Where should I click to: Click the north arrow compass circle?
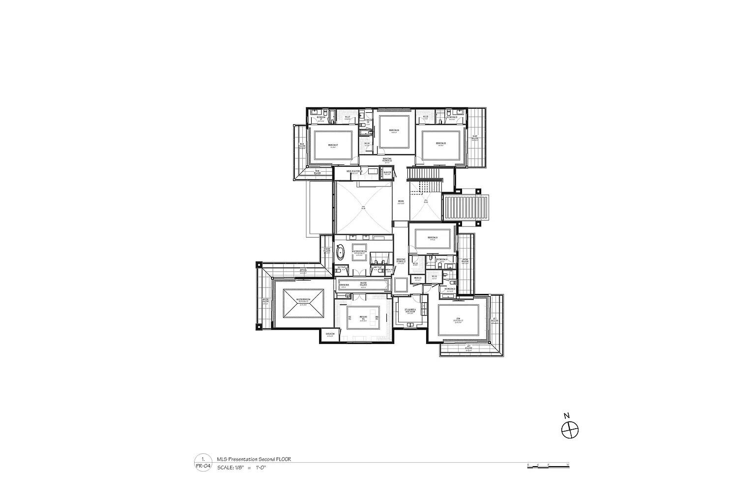(x=570, y=431)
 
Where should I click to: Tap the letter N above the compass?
(x=566, y=416)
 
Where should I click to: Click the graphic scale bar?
(x=548, y=466)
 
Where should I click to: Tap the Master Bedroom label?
(x=303, y=300)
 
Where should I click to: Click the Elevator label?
(x=387, y=172)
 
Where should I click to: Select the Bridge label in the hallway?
(x=401, y=201)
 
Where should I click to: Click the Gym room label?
(x=458, y=319)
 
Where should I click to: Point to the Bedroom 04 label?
(x=433, y=238)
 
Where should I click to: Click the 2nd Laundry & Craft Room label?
(x=410, y=311)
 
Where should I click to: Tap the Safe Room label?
(x=330, y=334)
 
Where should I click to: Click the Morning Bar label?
(x=344, y=285)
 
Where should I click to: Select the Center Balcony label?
(x=465, y=261)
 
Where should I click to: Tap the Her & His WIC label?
(x=364, y=317)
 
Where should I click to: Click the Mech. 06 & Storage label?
(x=354, y=171)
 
